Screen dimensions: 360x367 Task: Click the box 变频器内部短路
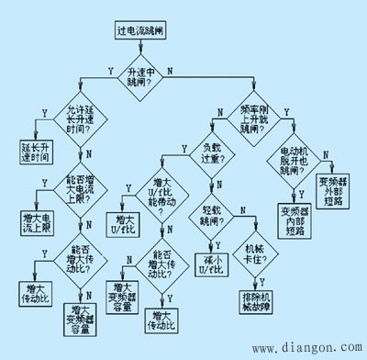(295, 220)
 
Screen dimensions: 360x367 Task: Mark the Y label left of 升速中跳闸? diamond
(111, 70)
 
